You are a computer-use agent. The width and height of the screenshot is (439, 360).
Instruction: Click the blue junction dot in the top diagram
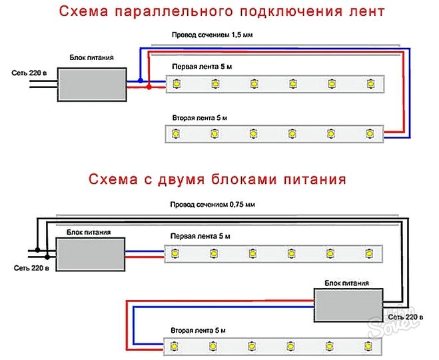point(141,81)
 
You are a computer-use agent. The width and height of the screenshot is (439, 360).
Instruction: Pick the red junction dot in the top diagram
point(149,87)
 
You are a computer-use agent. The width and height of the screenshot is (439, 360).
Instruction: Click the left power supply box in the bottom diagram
point(89,254)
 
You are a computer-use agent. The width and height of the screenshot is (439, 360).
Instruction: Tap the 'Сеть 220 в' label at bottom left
point(31,267)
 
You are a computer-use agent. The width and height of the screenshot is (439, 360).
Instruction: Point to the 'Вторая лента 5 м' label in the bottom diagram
point(199,331)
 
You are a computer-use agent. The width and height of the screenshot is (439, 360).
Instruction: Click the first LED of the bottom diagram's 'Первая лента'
point(176,254)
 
